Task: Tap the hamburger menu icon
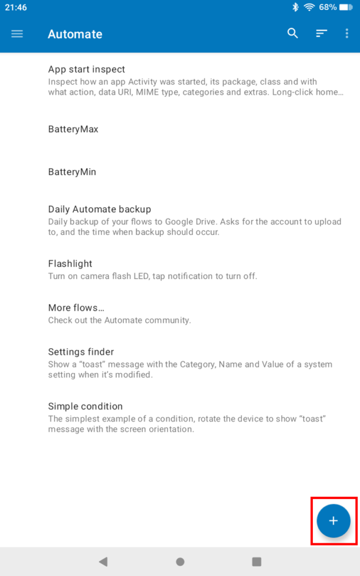click(17, 34)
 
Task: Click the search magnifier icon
click(292, 33)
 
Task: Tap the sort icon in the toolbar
click(321, 34)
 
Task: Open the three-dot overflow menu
click(346, 34)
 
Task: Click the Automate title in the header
click(75, 34)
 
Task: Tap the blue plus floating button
click(334, 520)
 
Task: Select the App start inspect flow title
click(87, 69)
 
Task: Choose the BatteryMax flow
click(73, 129)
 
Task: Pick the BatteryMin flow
click(72, 172)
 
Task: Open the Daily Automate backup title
click(100, 209)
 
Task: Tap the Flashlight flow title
click(70, 263)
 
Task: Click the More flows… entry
click(76, 308)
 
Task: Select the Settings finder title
click(81, 352)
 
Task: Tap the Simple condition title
click(85, 406)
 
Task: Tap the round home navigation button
click(180, 561)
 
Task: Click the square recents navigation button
click(256, 561)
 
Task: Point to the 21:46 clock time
click(16, 7)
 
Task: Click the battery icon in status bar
click(346, 7)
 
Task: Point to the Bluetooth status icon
click(295, 7)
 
